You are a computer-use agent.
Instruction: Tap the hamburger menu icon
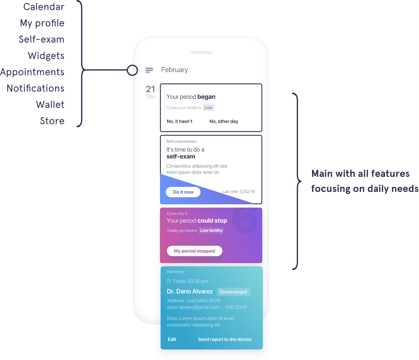coord(149,70)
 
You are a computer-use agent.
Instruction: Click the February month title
coord(174,70)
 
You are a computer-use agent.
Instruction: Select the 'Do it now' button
coord(183,192)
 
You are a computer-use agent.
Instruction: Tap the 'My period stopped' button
coord(194,251)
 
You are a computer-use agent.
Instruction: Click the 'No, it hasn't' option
coord(179,121)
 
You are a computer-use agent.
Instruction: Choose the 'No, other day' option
coord(224,121)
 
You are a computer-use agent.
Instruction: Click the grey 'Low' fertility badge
coord(209,108)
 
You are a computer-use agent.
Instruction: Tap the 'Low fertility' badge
coord(211,230)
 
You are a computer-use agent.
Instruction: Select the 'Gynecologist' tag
coord(233,292)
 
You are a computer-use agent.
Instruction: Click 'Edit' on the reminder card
coord(172,339)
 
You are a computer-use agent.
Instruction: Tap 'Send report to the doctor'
coord(225,339)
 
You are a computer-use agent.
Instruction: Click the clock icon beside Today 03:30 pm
coord(169,281)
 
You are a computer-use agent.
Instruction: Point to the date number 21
coord(151,89)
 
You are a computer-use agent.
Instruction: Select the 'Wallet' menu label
coord(50,104)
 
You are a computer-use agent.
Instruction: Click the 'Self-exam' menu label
coord(42,39)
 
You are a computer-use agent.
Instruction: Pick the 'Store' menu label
coord(52,121)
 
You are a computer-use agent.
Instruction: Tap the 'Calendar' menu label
coord(44,7)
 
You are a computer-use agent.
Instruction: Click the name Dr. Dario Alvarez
coord(190,291)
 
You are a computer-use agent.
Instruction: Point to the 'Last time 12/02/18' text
coord(239,192)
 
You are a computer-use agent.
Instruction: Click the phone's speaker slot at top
coord(201,53)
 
